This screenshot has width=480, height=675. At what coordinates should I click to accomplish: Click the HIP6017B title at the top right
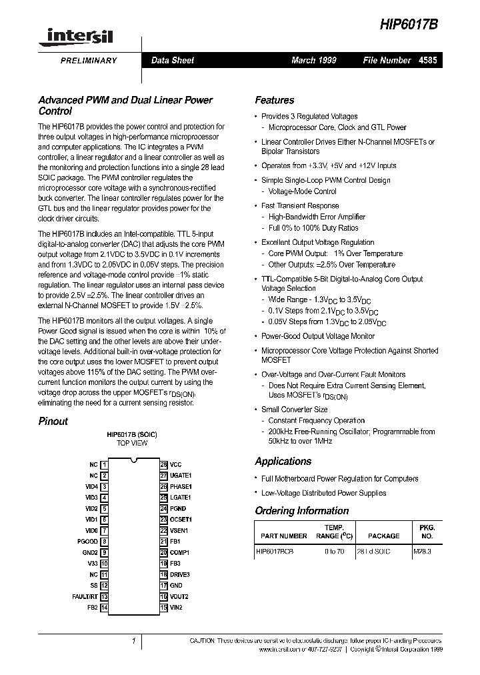point(408,22)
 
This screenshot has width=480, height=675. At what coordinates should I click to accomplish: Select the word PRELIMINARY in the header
point(84,61)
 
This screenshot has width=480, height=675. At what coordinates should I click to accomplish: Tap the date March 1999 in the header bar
point(313,61)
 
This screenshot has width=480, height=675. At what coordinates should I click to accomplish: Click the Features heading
point(274,101)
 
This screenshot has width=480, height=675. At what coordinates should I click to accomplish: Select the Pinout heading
point(53,422)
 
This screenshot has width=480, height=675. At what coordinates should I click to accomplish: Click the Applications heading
point(283,462)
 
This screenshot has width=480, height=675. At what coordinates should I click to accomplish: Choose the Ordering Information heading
point(301,511)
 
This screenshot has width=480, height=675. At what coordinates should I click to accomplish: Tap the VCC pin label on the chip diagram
point(175,464)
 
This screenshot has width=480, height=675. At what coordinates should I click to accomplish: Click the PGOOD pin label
point(87,542)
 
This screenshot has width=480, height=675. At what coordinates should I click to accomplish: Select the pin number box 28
point(163,464)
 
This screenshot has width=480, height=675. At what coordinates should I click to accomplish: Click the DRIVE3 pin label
point(180,574)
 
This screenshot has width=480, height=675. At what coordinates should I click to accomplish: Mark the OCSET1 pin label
point(181,520)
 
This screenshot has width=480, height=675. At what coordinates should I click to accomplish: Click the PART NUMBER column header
point(284,536)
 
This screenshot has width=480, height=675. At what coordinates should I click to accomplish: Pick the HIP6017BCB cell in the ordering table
point(275,552)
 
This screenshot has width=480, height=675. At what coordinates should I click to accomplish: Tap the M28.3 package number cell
point(423,552)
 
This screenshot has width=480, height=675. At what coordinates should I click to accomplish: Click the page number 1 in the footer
point(133,642)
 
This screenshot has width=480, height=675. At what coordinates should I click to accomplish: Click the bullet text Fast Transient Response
point(299,206)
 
